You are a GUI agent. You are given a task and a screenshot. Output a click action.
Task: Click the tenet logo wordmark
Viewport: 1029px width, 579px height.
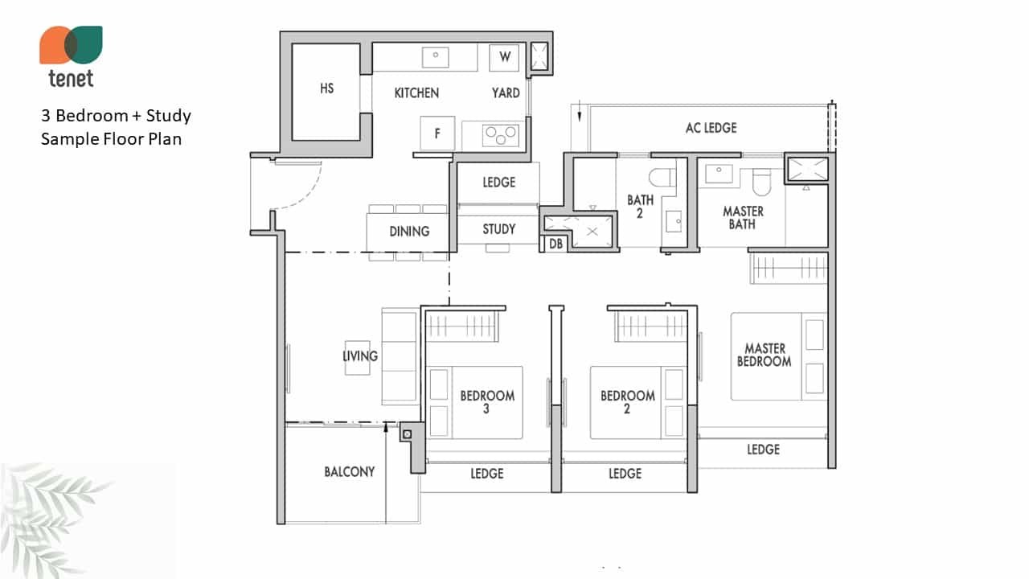coord(72,79)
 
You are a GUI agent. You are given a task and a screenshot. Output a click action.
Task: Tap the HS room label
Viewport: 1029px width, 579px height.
coord(326,88)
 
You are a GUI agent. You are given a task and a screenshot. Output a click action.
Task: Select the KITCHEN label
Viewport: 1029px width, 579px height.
coord(416,92)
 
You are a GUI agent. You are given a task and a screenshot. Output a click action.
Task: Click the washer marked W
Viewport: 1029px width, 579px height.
coord(504,57)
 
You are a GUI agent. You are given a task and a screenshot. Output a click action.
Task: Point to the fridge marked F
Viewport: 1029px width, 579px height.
coord(437,133)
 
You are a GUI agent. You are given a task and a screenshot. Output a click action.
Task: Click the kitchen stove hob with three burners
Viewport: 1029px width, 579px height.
coord(500,135)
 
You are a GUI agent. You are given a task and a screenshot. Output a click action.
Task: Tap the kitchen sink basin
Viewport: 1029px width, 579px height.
coord(436,57)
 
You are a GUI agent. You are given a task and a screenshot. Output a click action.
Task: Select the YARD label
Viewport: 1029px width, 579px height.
coord(506,92)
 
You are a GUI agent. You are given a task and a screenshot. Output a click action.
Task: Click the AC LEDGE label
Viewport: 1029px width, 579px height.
coord(711,128)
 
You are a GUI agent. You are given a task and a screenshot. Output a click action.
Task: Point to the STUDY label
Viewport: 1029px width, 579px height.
coord(499,229)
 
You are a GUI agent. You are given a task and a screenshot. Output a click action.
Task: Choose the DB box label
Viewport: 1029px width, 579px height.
coord(555,244)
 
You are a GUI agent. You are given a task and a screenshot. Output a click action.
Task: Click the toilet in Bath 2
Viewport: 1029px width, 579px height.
coord(662,178)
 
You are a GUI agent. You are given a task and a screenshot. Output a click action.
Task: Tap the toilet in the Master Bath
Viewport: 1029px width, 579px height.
coord(761,182)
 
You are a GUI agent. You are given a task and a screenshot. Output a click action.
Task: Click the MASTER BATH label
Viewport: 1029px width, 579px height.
coord(743,218)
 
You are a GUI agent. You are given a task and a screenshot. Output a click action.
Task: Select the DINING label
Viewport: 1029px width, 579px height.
coord(409,231)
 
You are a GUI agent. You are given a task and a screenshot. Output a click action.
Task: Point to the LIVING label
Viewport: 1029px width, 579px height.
coord(360,355)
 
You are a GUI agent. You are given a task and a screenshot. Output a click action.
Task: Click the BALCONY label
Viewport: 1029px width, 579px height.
coord(349,471)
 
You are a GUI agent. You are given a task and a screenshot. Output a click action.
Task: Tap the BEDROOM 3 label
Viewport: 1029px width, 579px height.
coord(487,402)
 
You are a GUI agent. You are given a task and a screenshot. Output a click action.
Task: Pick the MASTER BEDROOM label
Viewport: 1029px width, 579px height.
coord(765,355)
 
